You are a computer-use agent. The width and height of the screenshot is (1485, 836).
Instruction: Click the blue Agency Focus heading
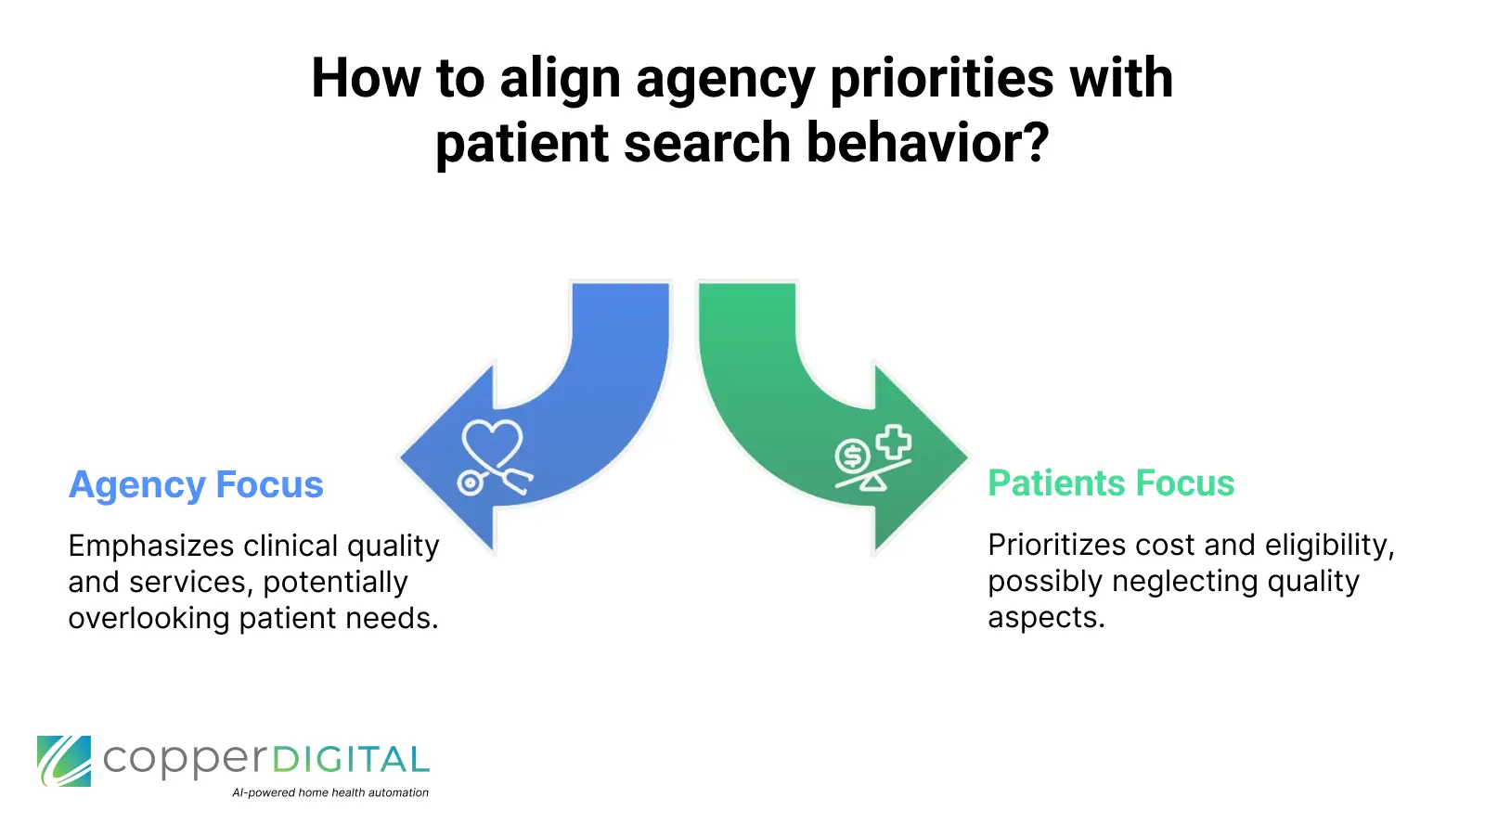pyautogui.click(x=196, y=485)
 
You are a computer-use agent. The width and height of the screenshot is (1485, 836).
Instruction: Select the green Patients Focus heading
pyautogui.click(x=1111, y=483)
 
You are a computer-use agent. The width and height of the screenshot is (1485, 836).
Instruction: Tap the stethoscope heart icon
pyautogui.click(x=493, y=456)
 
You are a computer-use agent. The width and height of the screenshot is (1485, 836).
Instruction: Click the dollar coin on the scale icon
pyautogui.click(x=852, y=456)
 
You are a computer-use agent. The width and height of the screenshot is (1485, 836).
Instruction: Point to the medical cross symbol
pyautogui.click(x=894, y=443)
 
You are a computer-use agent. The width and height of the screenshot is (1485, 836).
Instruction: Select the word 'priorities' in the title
pyautogui.click(x=942, y=78)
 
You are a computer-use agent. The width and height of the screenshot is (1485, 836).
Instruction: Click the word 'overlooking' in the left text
pyautogui.click(x=148, y=618)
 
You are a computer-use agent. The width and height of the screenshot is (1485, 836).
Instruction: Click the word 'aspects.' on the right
pyautogui.click(x=1046, y=617)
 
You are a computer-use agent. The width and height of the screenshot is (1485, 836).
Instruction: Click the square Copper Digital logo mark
pyautogui.click(x=64, y=761)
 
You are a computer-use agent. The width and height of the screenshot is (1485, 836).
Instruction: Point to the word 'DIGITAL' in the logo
pyautogui.click(x=351, y=761)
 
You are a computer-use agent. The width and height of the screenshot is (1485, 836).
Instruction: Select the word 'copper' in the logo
pyautogui.click(x=183, y=762)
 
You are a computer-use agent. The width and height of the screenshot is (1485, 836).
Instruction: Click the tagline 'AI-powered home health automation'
pyautogui.click(x=330, y=792)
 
